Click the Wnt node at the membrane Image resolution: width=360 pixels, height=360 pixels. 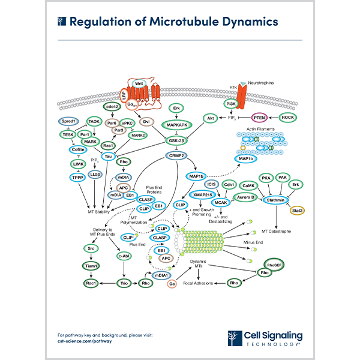coord(140,83)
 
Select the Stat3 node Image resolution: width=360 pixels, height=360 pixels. coord(296,210)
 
